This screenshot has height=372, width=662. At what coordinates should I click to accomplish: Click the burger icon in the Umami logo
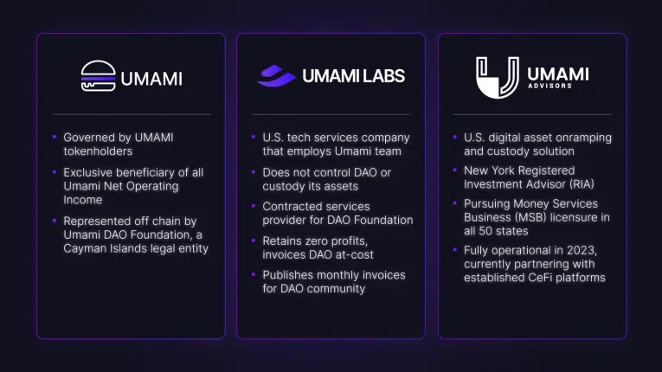tap(99, 75)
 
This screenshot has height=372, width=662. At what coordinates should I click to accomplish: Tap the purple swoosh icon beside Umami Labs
tap(277, 75)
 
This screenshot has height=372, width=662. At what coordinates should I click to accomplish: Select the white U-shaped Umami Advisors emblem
tap(498, 78)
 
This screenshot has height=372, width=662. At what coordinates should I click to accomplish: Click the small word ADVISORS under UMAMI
tap(550, 86)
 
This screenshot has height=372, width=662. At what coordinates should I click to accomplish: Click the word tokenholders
tap(98, 151)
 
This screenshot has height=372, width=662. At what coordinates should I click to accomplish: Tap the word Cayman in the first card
tap(80, 248)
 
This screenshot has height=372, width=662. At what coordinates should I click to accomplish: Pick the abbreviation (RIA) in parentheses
tap(581, 184)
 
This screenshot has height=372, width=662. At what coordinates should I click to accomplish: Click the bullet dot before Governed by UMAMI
tap(55, 137)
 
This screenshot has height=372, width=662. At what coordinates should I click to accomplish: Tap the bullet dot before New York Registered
tap(454, 170)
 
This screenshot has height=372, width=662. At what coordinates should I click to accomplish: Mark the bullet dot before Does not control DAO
tap(254, 172)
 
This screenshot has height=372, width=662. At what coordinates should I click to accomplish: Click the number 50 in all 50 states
tap(485, 231)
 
